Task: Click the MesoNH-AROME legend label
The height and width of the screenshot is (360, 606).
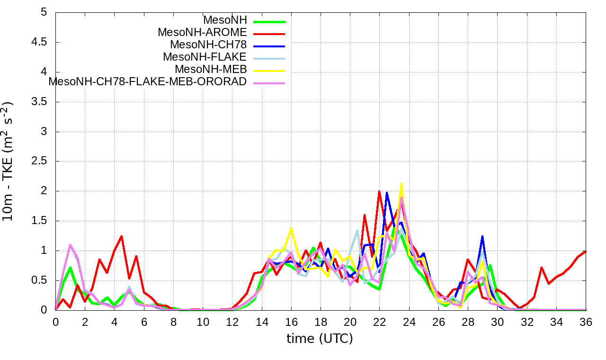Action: coord(202,32)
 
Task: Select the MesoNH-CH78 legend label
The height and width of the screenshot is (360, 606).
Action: coord(208,45)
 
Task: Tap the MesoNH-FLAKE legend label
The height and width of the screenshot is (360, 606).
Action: coord(205,57)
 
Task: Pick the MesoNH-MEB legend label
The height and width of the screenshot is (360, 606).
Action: coord(211,69)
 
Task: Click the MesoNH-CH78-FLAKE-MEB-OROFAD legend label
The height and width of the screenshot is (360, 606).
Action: coord(148,81)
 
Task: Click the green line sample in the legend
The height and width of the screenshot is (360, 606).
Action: coord(269,22)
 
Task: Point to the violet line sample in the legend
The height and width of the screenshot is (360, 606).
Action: coord(269,83)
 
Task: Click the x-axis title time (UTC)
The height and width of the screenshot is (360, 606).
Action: coord(320,339)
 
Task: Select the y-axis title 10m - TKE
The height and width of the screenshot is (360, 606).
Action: coord(9,161)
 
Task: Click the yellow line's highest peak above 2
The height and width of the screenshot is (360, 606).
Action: coord(401,184)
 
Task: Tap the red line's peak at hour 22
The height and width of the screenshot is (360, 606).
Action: coord(379,191)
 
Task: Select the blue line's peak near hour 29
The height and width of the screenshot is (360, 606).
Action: coord(482,236)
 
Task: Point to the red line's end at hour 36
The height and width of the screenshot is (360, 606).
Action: coord(586,251)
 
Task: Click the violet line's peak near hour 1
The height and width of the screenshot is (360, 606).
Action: coord(71,245)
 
